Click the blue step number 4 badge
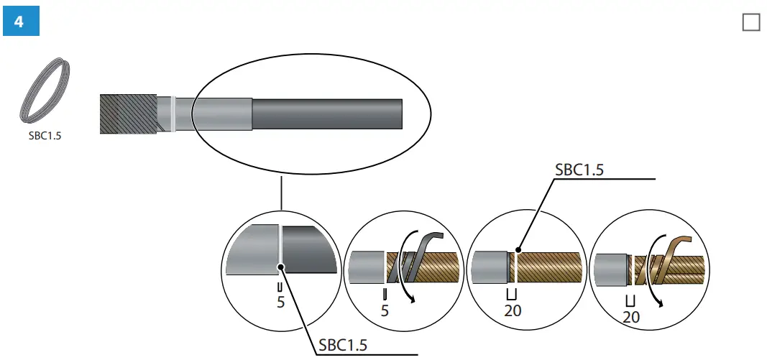[19, 22]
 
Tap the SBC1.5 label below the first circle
[342, 346]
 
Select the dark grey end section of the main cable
[327, 114]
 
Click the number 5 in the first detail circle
[280, 303]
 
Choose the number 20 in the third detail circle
[513, 310]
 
